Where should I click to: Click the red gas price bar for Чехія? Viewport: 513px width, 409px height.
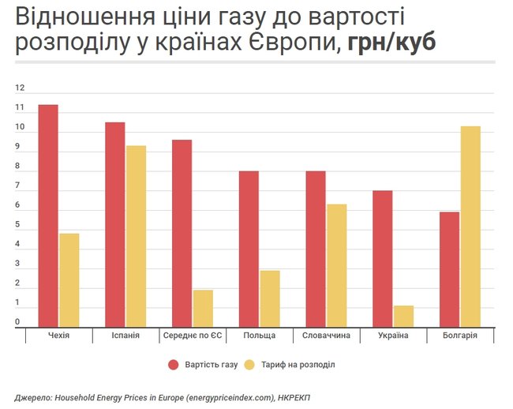click(48, 215)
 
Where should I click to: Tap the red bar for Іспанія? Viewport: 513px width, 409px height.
click(115, 224)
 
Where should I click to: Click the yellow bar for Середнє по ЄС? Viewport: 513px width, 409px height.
click(203, 308)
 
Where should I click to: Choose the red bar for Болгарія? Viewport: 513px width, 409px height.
click(449, 268)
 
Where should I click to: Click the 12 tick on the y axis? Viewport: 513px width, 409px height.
click(19, 88)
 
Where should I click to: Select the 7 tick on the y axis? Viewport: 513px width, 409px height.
click(17, 186)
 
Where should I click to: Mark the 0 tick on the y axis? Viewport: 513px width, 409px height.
click(17, 322)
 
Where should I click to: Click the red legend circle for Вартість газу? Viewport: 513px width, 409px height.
click(174, 365)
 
